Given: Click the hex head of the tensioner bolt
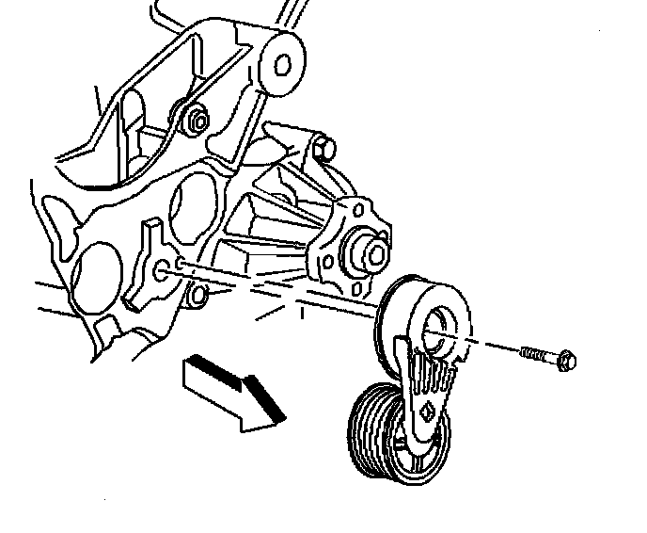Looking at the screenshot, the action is [x=566, y=360].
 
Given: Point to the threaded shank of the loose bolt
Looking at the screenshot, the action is [x=536, y=354].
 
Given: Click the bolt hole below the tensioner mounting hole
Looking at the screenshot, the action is [x=197, y=298].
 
